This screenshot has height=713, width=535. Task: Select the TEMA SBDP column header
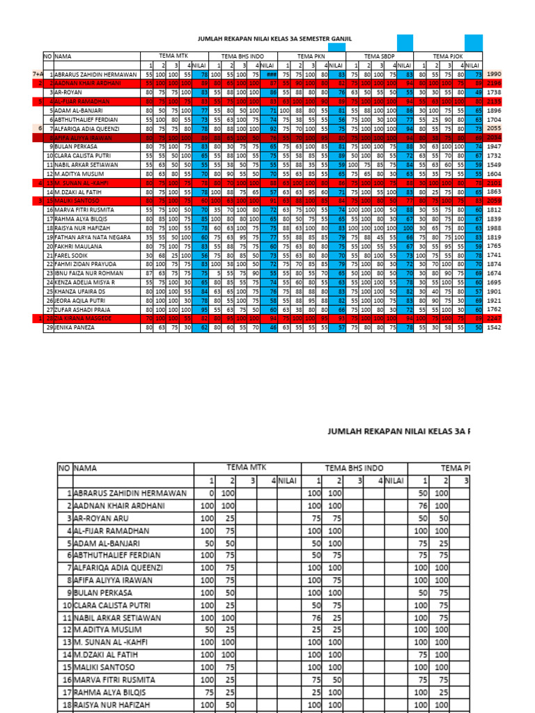click(380, 56)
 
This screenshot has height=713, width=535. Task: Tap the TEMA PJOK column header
click(449, 56)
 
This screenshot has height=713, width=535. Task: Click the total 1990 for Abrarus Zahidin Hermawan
click(494, 74)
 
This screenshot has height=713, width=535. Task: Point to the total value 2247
click(494, 318)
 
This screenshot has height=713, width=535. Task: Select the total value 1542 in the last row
click(494, 327)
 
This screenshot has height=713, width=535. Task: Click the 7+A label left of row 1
click(38, 74)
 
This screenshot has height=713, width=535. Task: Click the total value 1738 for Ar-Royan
click(494, 92)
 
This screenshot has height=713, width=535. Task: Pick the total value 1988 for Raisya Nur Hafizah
click(494, 228)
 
